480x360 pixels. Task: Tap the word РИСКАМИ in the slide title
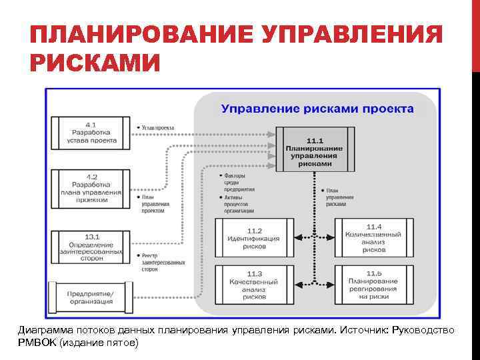click(95, 64)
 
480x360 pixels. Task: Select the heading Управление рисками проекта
click(317, 109)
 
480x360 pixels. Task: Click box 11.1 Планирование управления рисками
click(315, 152)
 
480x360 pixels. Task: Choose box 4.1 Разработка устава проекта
click(91, 133)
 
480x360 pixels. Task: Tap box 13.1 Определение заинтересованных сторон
click(91, 247)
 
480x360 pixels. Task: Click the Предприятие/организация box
click(91, 297)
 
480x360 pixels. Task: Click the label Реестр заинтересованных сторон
click(162, 263)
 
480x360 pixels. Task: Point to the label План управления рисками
click(339, 197)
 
